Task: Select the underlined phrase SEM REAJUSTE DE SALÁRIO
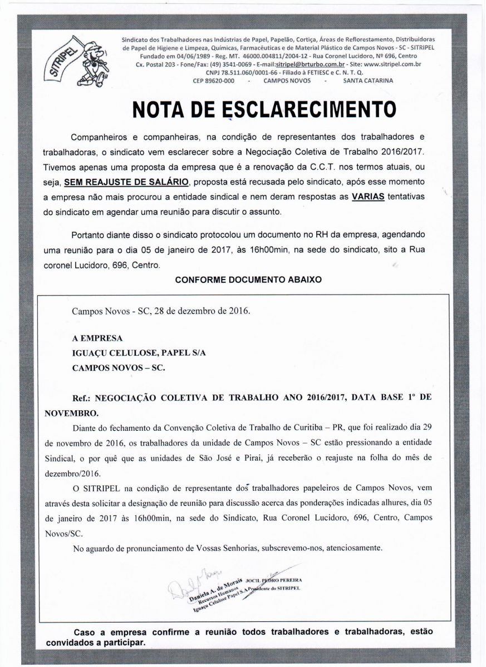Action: (127, 182)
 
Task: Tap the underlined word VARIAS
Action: (369, 197)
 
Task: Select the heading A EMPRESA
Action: (97, 338)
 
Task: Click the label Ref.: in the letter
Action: (82, 399)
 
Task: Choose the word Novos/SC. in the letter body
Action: (63, 533)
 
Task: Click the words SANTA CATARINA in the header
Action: (367, 81)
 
